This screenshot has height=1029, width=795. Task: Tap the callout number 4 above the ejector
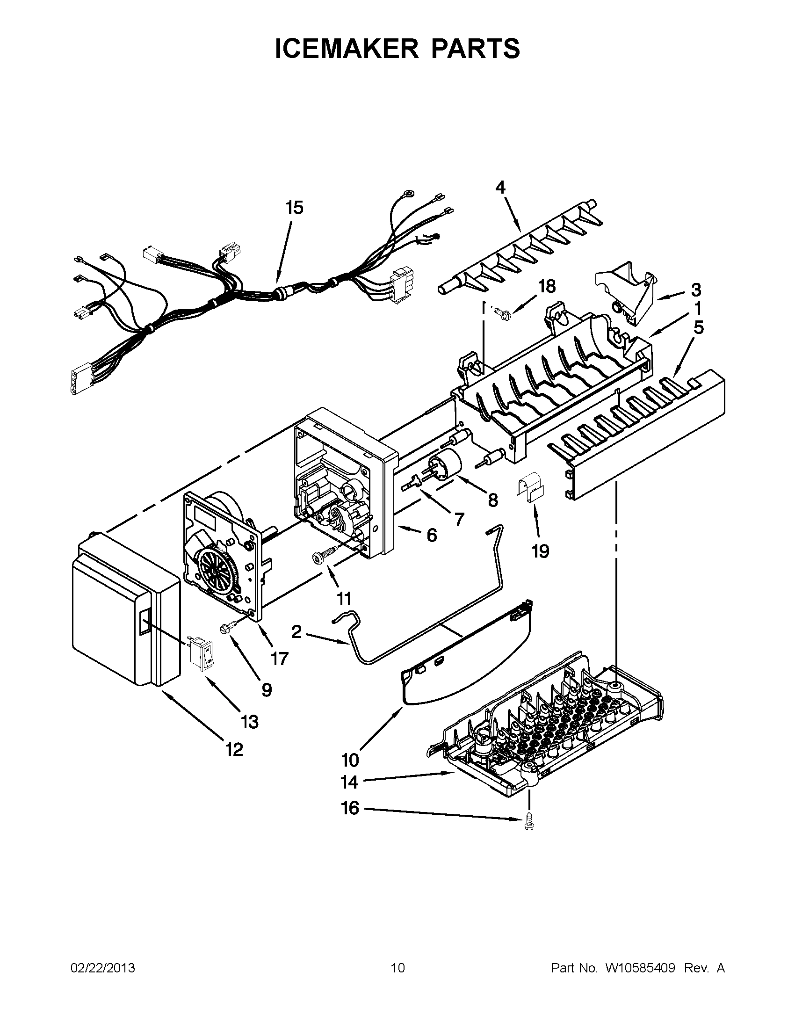click(500, 187)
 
